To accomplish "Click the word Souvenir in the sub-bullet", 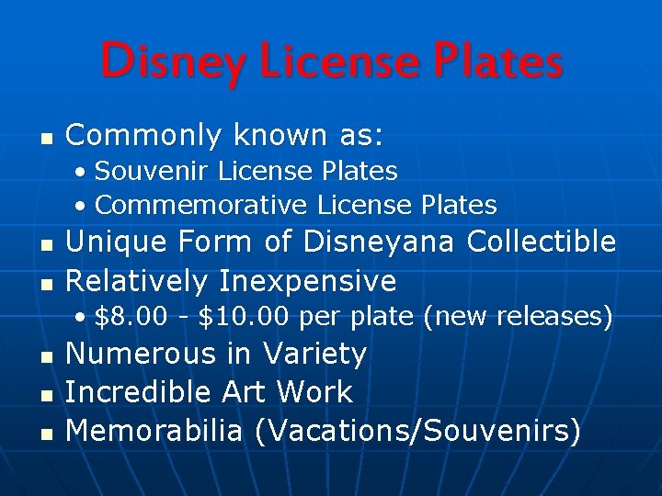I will click(x=139, y=171).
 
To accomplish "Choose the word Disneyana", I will click(x=381, y=242).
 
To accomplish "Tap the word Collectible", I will click(x=541, y=242).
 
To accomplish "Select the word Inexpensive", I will click(x=307, y=280).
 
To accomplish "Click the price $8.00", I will click(x=131, y=317).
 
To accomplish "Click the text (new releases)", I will click(x=518, y=317).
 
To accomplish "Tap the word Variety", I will click(x=314, y=354).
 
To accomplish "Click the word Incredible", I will click(x=139, y=392).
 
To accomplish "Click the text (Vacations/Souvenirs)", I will click(x=417, y=430).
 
